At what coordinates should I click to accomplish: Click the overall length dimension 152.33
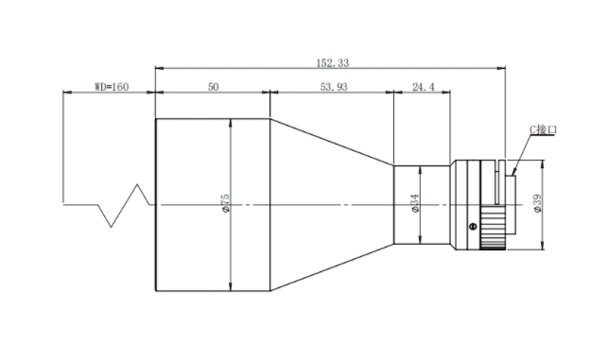(333, 62)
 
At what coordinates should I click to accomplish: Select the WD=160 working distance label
(112, 87)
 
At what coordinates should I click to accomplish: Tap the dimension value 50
(213, 87)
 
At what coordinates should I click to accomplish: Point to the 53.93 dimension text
(334, 87)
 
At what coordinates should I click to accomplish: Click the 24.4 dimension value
(424, 87)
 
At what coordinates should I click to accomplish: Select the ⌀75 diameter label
(225, 203)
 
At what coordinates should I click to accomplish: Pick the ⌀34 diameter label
(415, 203)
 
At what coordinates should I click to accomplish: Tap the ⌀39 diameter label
(538, 203)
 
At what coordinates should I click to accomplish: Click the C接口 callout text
(543, 129)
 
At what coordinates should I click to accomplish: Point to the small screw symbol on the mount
(473, 226)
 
